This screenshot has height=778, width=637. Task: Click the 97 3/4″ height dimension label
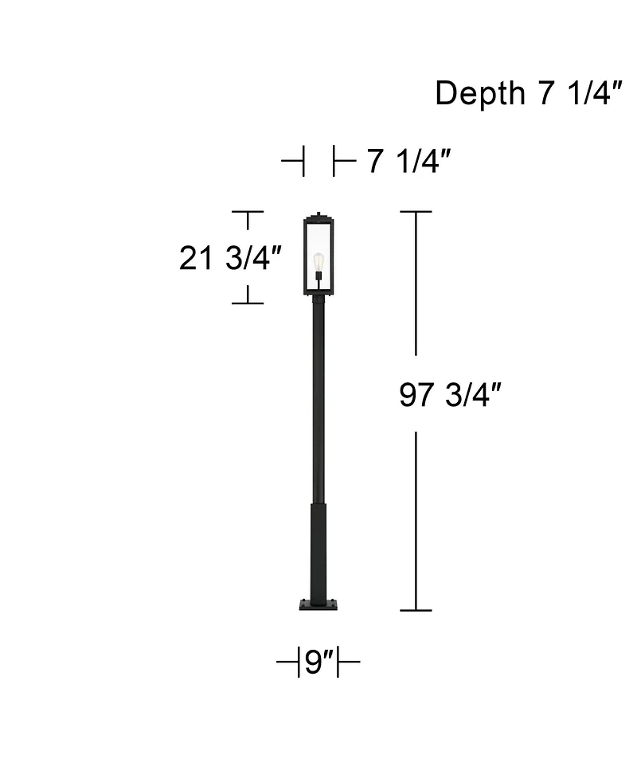coord(450,395)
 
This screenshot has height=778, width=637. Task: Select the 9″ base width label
coord(318,662)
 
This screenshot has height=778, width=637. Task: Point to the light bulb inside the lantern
coord(318,260)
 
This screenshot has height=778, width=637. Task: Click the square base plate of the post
coord(318,604)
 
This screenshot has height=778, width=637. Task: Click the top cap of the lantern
coord(318,215)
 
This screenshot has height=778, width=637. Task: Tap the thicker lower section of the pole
coord(318,549)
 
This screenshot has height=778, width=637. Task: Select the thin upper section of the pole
coord(318,398)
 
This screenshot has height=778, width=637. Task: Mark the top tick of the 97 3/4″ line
coord(416,212)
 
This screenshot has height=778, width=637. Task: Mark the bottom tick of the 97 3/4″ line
coord(416,611)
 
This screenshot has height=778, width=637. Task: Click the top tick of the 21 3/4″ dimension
coord(248,212)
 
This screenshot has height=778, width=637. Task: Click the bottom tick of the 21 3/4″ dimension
coord(248,303)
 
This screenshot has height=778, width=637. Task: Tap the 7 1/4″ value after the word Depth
coord(573,94)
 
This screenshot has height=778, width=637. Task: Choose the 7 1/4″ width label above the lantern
coord(409,162)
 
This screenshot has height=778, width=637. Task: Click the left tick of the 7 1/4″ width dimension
coord(303,162)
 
